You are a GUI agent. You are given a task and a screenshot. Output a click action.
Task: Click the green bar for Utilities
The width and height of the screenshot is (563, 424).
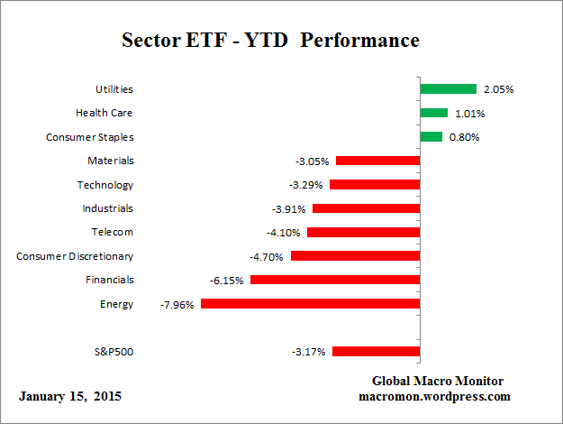[x=448, y=89]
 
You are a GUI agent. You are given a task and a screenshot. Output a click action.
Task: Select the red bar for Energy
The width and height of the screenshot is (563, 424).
[x=310, y=304]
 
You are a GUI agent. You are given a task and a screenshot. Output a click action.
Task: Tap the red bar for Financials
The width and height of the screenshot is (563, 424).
[x=335, y=281]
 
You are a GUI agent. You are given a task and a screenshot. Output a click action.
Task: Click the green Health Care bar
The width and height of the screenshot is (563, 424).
[x=433, y=113]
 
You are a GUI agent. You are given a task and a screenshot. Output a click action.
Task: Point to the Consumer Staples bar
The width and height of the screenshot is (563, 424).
[x=431, y=137]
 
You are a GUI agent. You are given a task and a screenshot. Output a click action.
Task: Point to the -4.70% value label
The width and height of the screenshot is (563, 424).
[x=268, y=256]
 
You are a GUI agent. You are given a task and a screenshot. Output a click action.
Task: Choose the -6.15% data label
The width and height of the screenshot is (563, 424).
[x=228, y=281]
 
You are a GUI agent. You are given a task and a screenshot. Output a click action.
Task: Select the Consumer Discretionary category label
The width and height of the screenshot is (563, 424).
[x=75, y=256]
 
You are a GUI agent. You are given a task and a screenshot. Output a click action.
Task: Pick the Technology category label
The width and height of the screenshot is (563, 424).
[x=105, y=185]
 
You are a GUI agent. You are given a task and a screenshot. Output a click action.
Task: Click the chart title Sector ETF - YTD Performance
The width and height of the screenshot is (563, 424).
[x=270, y=41]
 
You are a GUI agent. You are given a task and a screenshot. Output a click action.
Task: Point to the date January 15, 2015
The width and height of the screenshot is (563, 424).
[x=69, y=397]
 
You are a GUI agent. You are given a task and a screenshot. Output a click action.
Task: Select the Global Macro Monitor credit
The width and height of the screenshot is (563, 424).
[x=437, y=381]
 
